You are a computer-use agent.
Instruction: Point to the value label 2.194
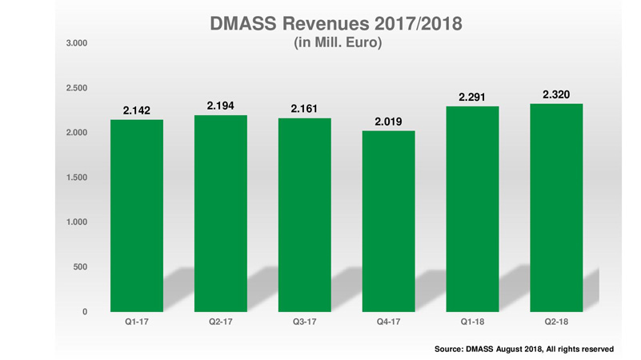click(x=221, y=106)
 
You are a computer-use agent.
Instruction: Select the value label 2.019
click(x=389, y=122)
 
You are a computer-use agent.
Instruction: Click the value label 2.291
click(x=473, y=98)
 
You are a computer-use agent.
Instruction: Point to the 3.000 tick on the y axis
click(x=75, y=42)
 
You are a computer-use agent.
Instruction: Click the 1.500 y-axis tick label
click(x=75, y=177)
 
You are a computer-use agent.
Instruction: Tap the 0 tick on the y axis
click(x=83, y=311)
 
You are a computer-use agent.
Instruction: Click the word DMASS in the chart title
click(x=239, y=24)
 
